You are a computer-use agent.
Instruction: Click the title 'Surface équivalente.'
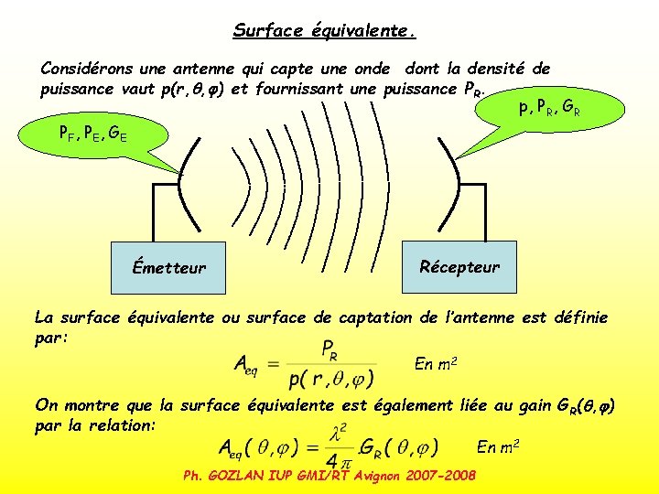click(x=325, y=31)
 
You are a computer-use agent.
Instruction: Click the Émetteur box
click(x=168, y=268)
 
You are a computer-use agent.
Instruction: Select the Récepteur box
click(x=459, y=266)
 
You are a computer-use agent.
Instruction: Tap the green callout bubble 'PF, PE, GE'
click(x=92, y=135)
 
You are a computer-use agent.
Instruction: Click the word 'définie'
click(x=577, y=318)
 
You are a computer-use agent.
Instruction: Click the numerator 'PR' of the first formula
click(x=332, y=349)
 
